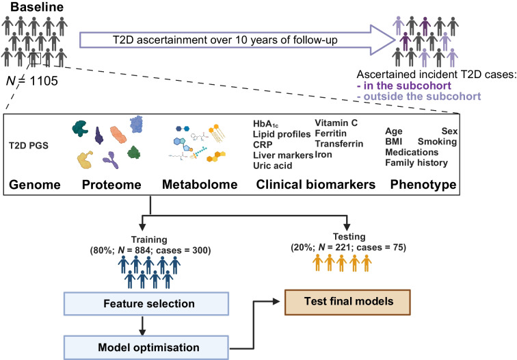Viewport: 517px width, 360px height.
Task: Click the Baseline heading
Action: click(x=28, y=8)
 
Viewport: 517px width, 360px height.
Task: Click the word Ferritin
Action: click(x=331, y=134)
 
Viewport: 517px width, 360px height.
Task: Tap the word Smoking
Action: click(x=438, y=141)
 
